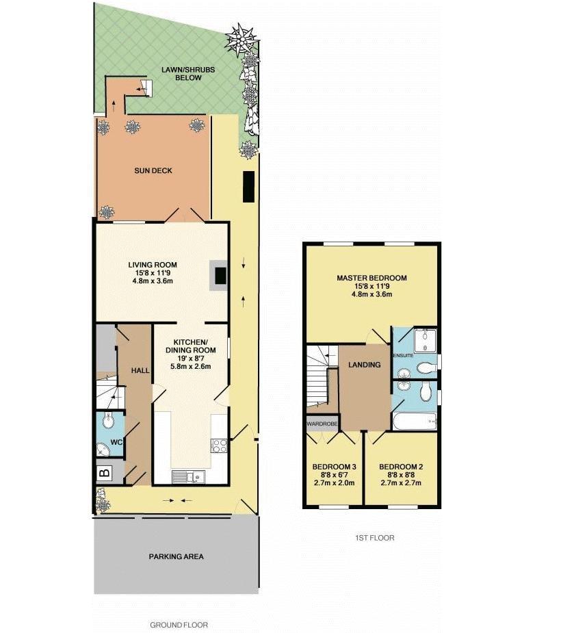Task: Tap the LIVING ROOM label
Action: tap(153, 265)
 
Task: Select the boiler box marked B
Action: tap(105, 472)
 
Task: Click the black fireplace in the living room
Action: tap(221, 275)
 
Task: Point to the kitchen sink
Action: tap(185, 477)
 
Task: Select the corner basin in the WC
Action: tap(102, 450)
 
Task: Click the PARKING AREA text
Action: tap(176, 556)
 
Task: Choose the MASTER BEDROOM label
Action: tap(371, 278)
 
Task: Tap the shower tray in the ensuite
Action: tap(425, 340)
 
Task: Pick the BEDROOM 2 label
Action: tap(401, 467)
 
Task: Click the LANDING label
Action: tap(364, 365)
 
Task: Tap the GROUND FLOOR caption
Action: tap(179, 625)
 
